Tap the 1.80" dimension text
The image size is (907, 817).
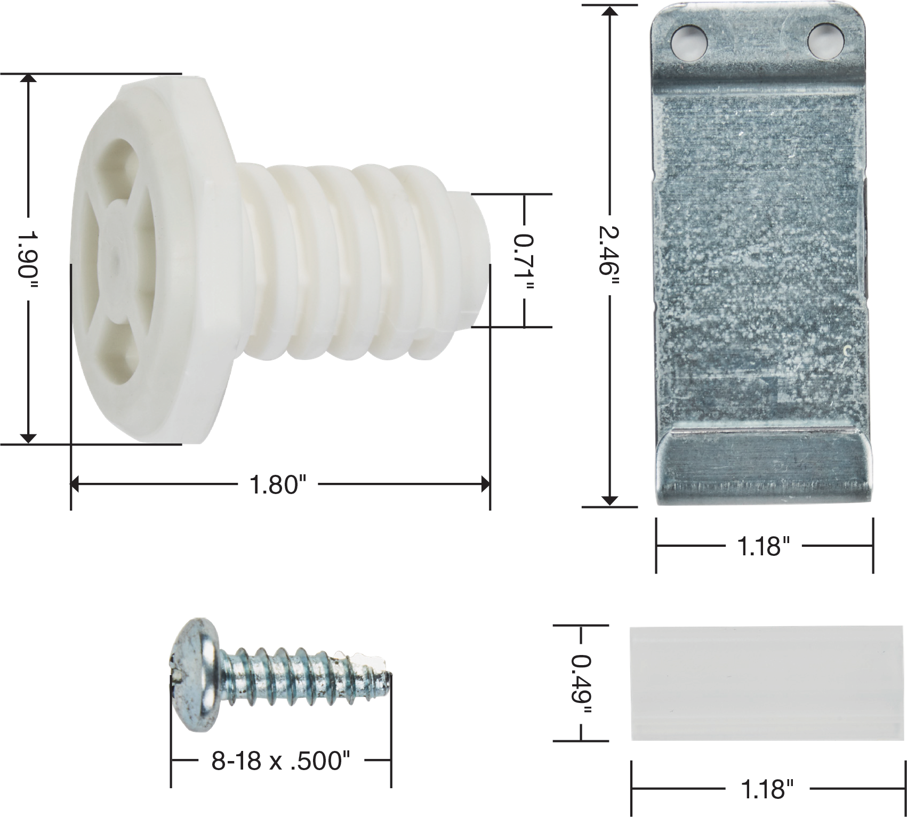(278, 484)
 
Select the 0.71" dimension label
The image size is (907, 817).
(524, 260)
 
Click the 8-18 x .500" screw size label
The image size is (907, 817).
(280, 761)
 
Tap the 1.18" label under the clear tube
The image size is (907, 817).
(766, 789)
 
